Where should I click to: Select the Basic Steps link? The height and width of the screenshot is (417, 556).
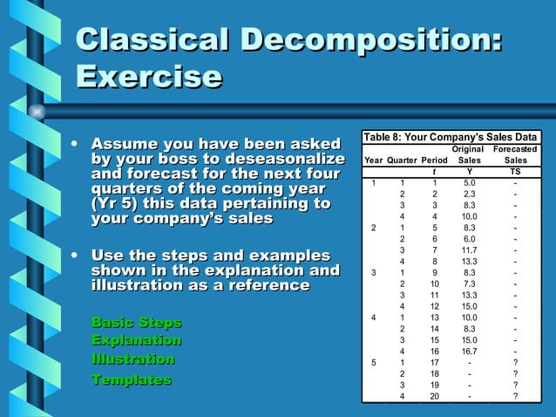136,323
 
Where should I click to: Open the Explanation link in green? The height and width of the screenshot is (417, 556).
136,340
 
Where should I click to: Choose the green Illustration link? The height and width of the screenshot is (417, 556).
132,359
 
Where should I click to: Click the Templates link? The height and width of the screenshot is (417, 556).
131,379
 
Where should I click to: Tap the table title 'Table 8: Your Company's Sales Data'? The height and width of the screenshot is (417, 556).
450,137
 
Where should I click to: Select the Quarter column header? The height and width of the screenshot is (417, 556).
402,161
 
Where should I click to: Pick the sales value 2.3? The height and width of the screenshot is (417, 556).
469,194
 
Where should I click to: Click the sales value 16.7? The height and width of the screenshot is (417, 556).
469,351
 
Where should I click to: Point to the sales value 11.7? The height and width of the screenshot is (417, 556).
469,250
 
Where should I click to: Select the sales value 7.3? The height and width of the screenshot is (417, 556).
469,284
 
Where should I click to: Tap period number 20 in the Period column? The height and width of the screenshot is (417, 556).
434,396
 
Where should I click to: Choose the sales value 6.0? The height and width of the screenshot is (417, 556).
469,238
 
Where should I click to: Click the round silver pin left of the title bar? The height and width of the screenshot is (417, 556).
37,111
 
